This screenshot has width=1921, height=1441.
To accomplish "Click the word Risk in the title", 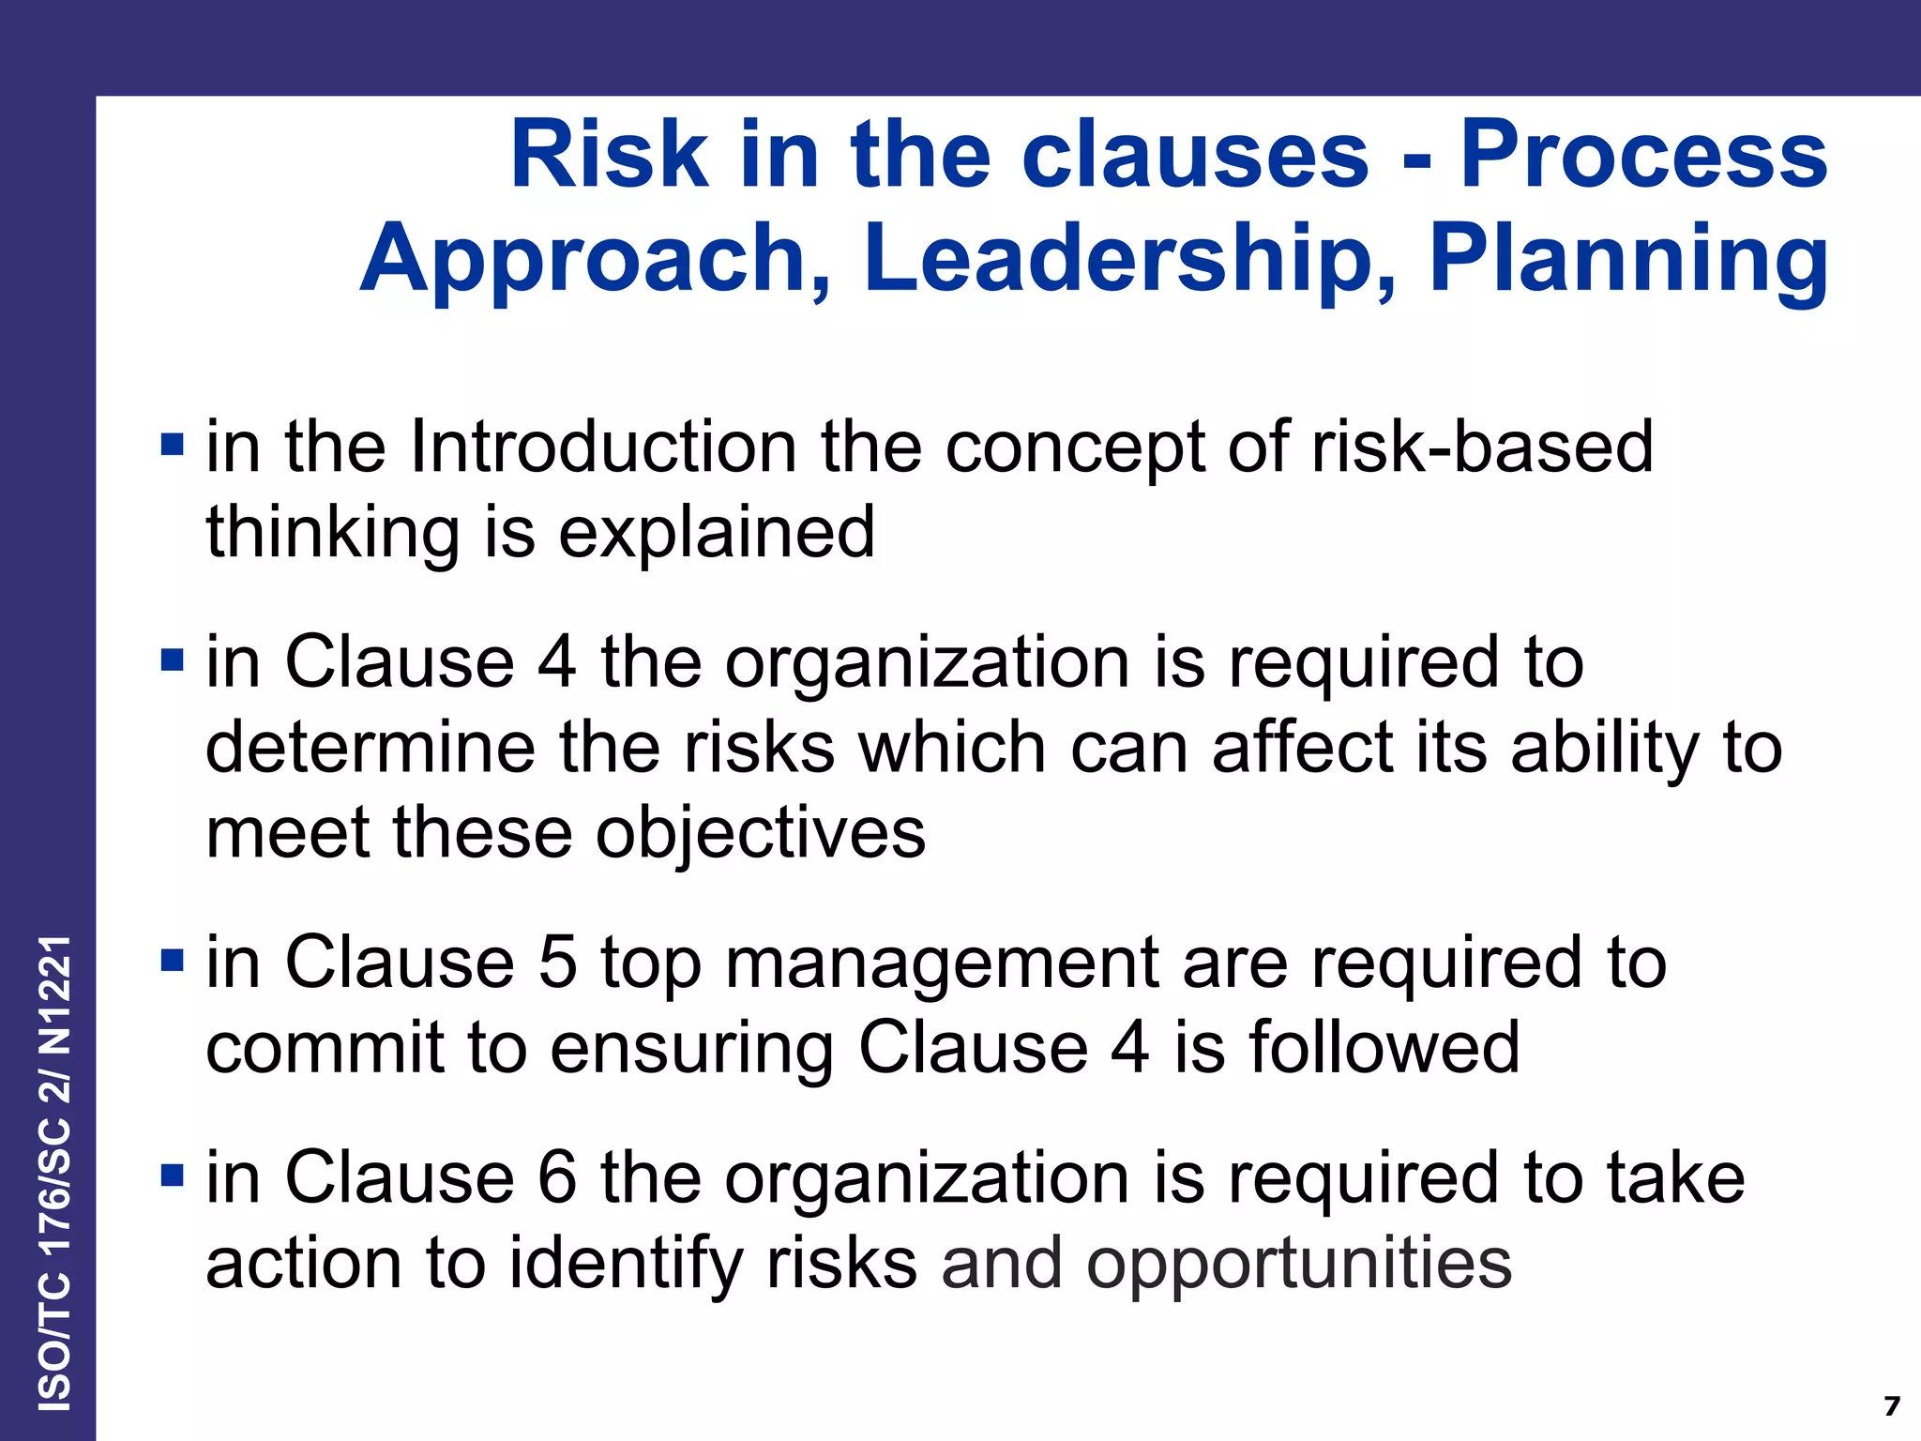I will tap(609, 154).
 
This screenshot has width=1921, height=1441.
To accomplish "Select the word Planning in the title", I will tap(1627, 259).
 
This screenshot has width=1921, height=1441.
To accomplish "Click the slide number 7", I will tap(1891, 1406).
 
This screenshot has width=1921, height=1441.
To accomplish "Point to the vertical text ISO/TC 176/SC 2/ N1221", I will tap(54, 1173).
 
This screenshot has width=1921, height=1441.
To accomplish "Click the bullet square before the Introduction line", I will tap(172, 444).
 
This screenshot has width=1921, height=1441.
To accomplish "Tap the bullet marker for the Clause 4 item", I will tap(172, 661).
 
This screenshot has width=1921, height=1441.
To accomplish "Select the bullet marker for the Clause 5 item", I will tap(172, 962).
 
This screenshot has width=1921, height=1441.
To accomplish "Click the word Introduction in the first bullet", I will tap(603, 447).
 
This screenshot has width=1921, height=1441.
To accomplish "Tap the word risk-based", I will tap(1482, 447).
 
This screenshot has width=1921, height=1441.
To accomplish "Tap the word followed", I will tap(1384, 1048).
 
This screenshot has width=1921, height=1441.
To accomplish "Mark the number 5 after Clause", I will tap(557, 963).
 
